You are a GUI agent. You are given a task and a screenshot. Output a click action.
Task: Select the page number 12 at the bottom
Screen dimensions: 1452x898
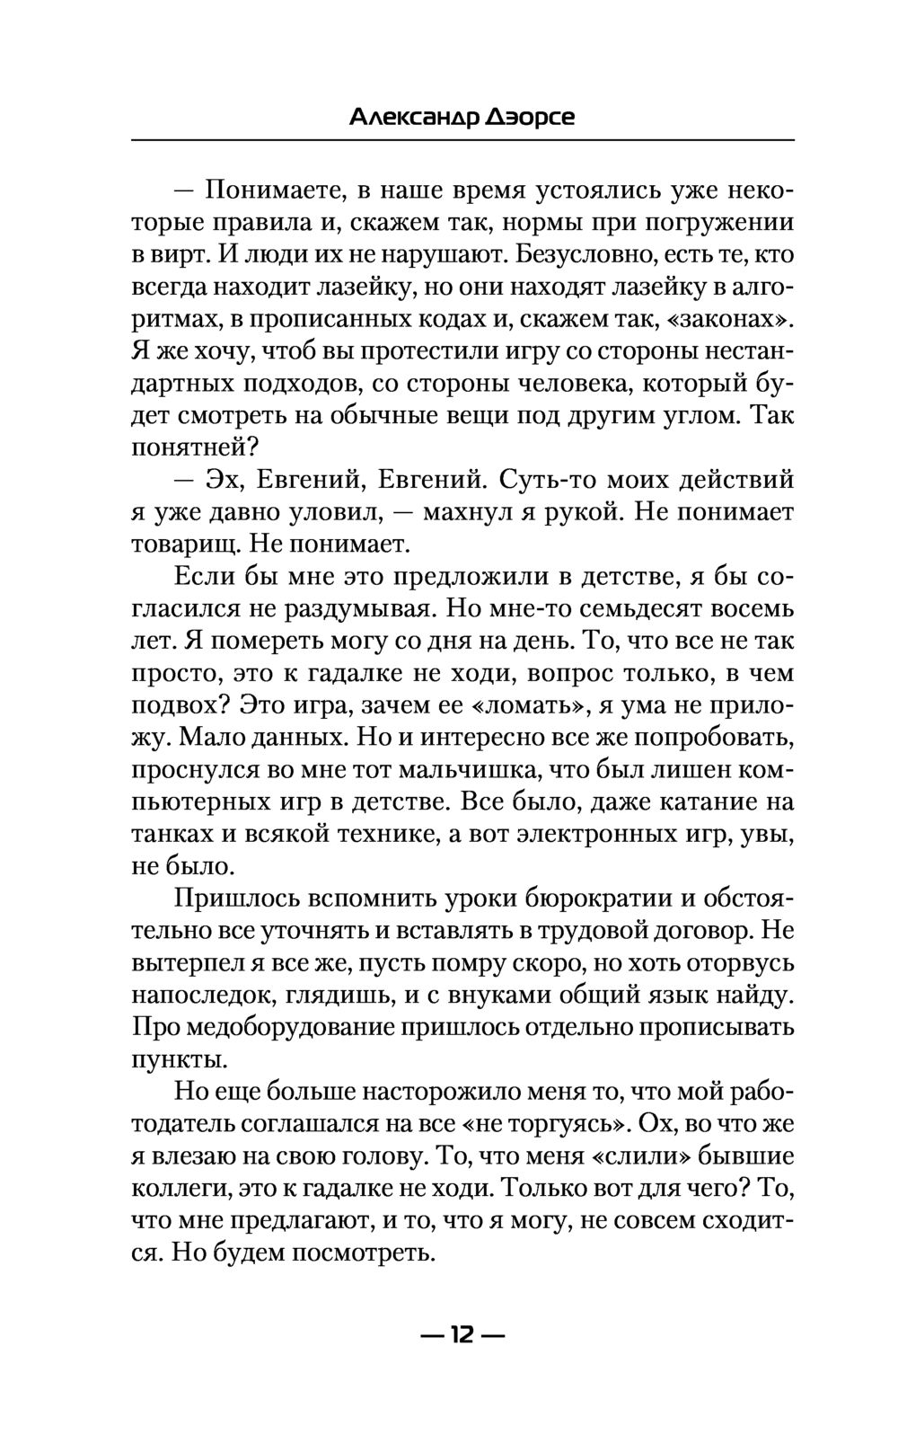pyautogui.click(x=462, y=1334)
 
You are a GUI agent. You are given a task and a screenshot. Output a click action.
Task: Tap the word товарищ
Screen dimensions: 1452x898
pyautogui.click(x=184, y=544)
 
